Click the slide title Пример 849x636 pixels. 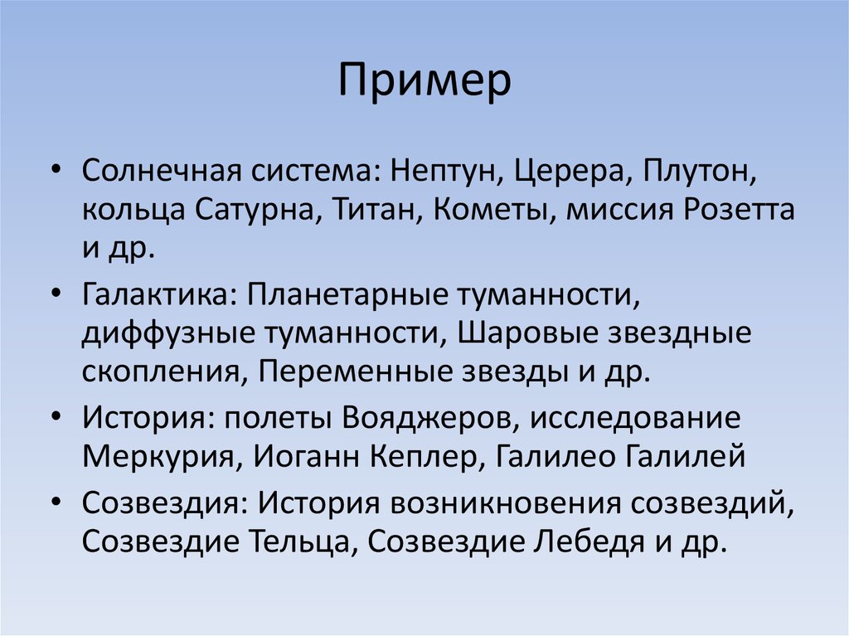pos(424,84)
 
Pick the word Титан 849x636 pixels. pos(376,210)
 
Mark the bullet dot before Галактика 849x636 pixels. pos(55,294)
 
